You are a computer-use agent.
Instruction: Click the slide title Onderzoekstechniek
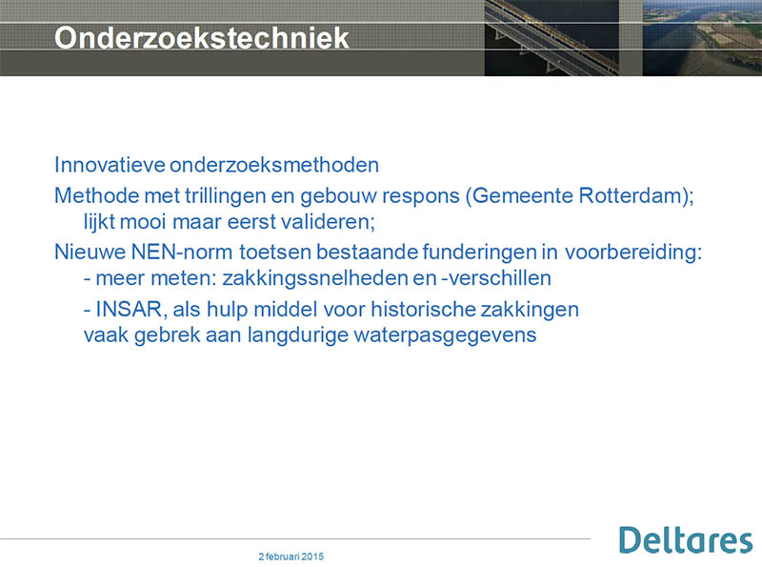coord(202,38)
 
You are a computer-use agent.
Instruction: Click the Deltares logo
coord(686,539)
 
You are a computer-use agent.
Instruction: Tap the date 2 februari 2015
coord(291,557)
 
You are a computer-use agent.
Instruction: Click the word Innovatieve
coord(110,165)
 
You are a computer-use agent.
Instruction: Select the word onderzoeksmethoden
coord(274,165)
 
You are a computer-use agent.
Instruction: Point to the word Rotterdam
coord(631,196)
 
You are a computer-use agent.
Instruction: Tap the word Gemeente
coord(522,196)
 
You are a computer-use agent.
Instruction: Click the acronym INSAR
coord(129,310)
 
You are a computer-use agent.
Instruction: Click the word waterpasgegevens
coord(445,335)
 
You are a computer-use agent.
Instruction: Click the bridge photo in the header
coord(551,38)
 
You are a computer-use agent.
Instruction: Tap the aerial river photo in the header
coord(702,38)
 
